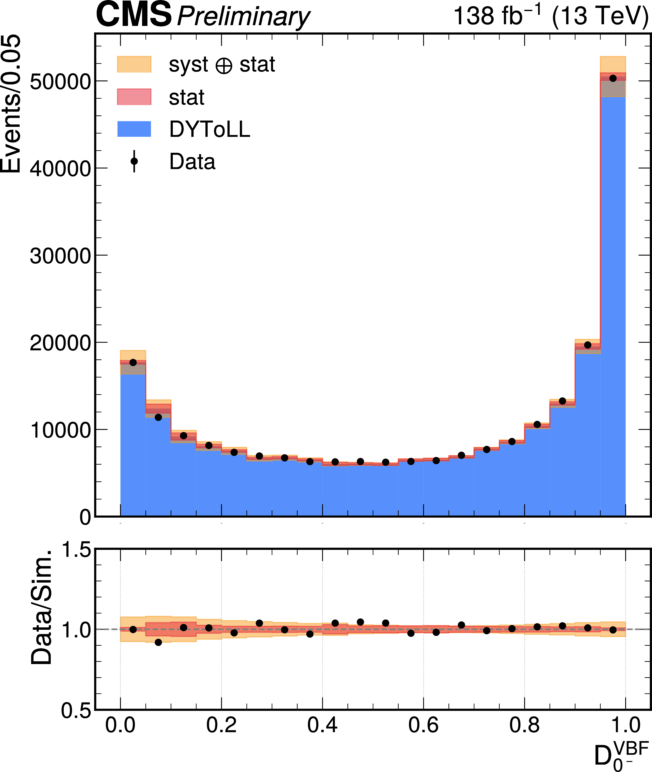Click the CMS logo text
(134, 15)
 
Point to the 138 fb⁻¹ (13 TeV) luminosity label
(551, 16)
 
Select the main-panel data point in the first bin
(133, 363)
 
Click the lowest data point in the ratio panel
(158, 642)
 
